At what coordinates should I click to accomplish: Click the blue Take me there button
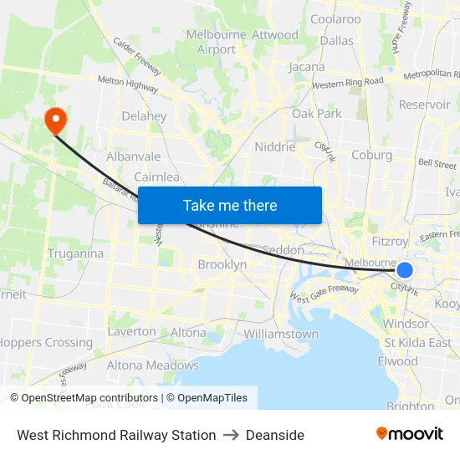coord(229,206)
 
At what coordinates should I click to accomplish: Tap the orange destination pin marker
coord(56,120)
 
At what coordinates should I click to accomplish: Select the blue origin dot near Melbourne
coord(405,269)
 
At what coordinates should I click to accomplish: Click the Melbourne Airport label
coord(217,42)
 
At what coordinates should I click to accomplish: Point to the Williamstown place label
coord(281,334)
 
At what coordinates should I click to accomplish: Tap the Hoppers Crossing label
coord(46,342)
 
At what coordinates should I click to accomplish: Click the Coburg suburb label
coord(371,155)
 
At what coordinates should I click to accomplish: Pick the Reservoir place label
coord(424,105)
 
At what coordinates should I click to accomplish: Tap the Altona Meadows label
coord(152,365)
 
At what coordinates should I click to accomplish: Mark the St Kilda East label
coord(417,343)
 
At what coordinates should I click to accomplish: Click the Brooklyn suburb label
coord(222,264)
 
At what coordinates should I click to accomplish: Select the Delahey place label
coord(144,116)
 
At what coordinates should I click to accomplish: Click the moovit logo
coord(409,434)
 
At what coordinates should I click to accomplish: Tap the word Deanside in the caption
coord(274,435)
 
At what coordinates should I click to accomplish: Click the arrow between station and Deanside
coord(231,435)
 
